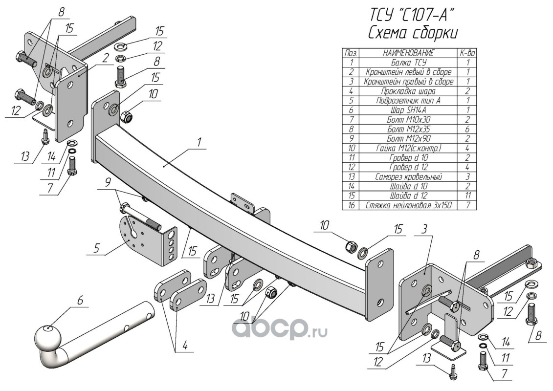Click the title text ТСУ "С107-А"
click(x=411, y=15)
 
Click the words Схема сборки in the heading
click(x=413, y=33)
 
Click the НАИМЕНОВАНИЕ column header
click(x=409, y=53)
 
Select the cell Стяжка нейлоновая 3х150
click(x=409, y=205)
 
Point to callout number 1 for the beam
click(x=199, y=143)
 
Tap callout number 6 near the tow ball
click(x=80, y=301)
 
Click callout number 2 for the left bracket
click(x=105, y=59)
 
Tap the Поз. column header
click(x=351, y=53)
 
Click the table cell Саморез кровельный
click(x=409, y=176)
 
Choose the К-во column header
click(x=467, y=53)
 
